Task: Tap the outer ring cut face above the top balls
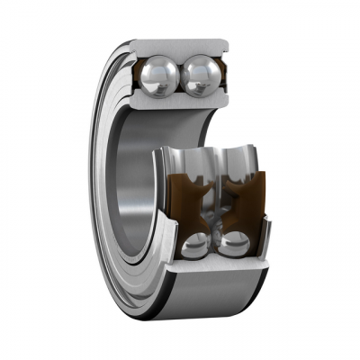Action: click(180, 46)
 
